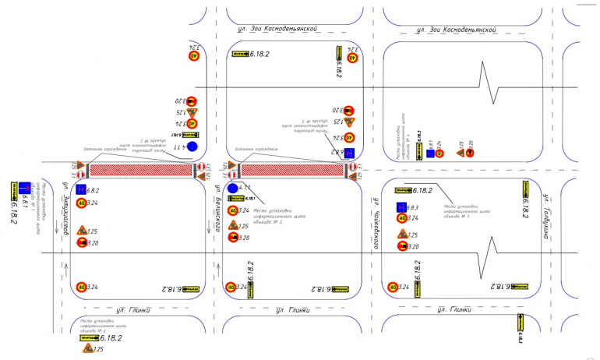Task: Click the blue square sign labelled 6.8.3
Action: (x=402, y=207)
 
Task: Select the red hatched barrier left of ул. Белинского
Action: (x=141, y=169)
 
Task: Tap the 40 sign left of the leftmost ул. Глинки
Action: (x=81, y=288)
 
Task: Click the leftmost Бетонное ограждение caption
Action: (x=104, y=146)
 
